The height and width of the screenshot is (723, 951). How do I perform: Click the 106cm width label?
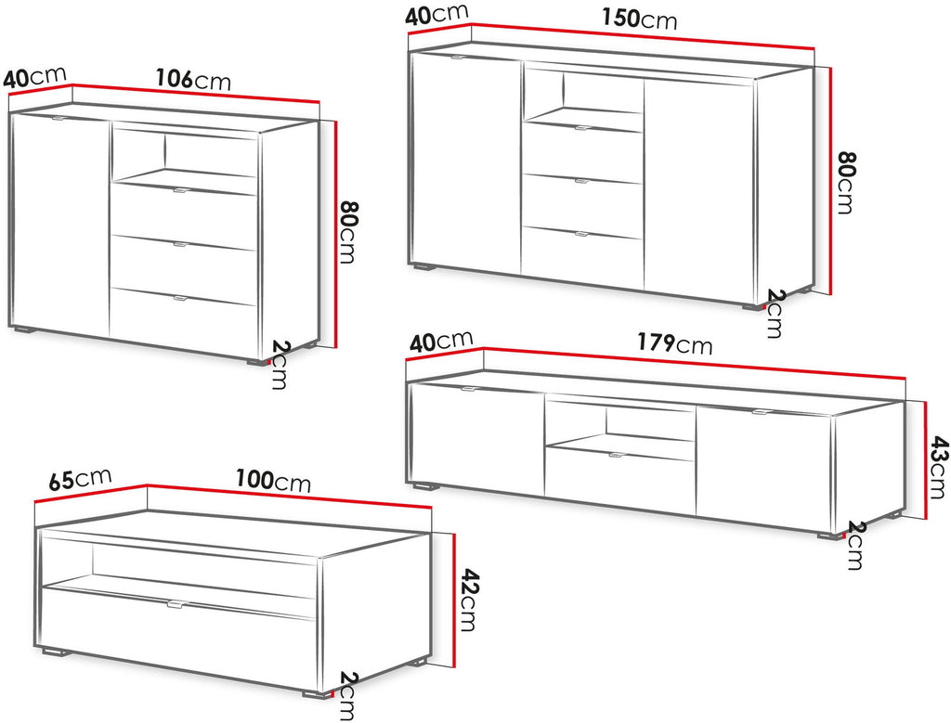(193, 80)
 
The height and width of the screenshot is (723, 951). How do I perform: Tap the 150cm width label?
(639, 19)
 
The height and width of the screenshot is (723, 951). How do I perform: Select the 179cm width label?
(674, 343)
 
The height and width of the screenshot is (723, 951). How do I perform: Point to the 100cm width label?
(273, 481)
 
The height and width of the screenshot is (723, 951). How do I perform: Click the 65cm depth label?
(80, 478)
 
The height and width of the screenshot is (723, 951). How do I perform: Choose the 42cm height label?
(468, 599)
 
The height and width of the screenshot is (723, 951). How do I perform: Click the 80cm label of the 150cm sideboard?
(843, 182)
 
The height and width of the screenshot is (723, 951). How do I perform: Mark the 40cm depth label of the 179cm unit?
(441, 342)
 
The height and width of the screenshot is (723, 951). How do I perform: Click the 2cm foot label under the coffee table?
(346, 696)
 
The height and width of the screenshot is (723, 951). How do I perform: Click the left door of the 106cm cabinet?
(60, 225)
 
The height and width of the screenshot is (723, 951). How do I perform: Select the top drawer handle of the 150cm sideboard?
(582, 128)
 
